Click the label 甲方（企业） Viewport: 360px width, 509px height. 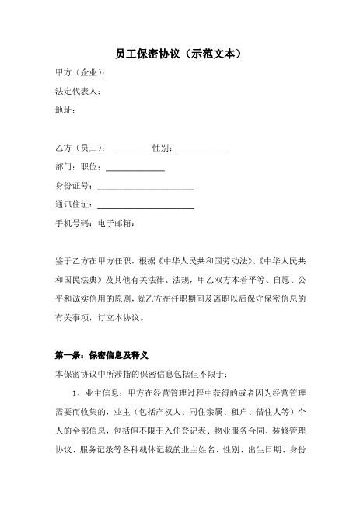(x=79, y=74)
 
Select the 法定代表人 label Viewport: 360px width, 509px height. (x=77, y=92)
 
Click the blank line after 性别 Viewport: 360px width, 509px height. (x=203, y=149)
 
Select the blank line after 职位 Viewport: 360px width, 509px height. (x=135, y=168)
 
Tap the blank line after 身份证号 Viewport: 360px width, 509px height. (x=145, y=187)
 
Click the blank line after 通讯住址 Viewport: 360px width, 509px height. (x=145, y=206)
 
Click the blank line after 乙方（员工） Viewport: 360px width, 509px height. (x=133, y=149)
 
